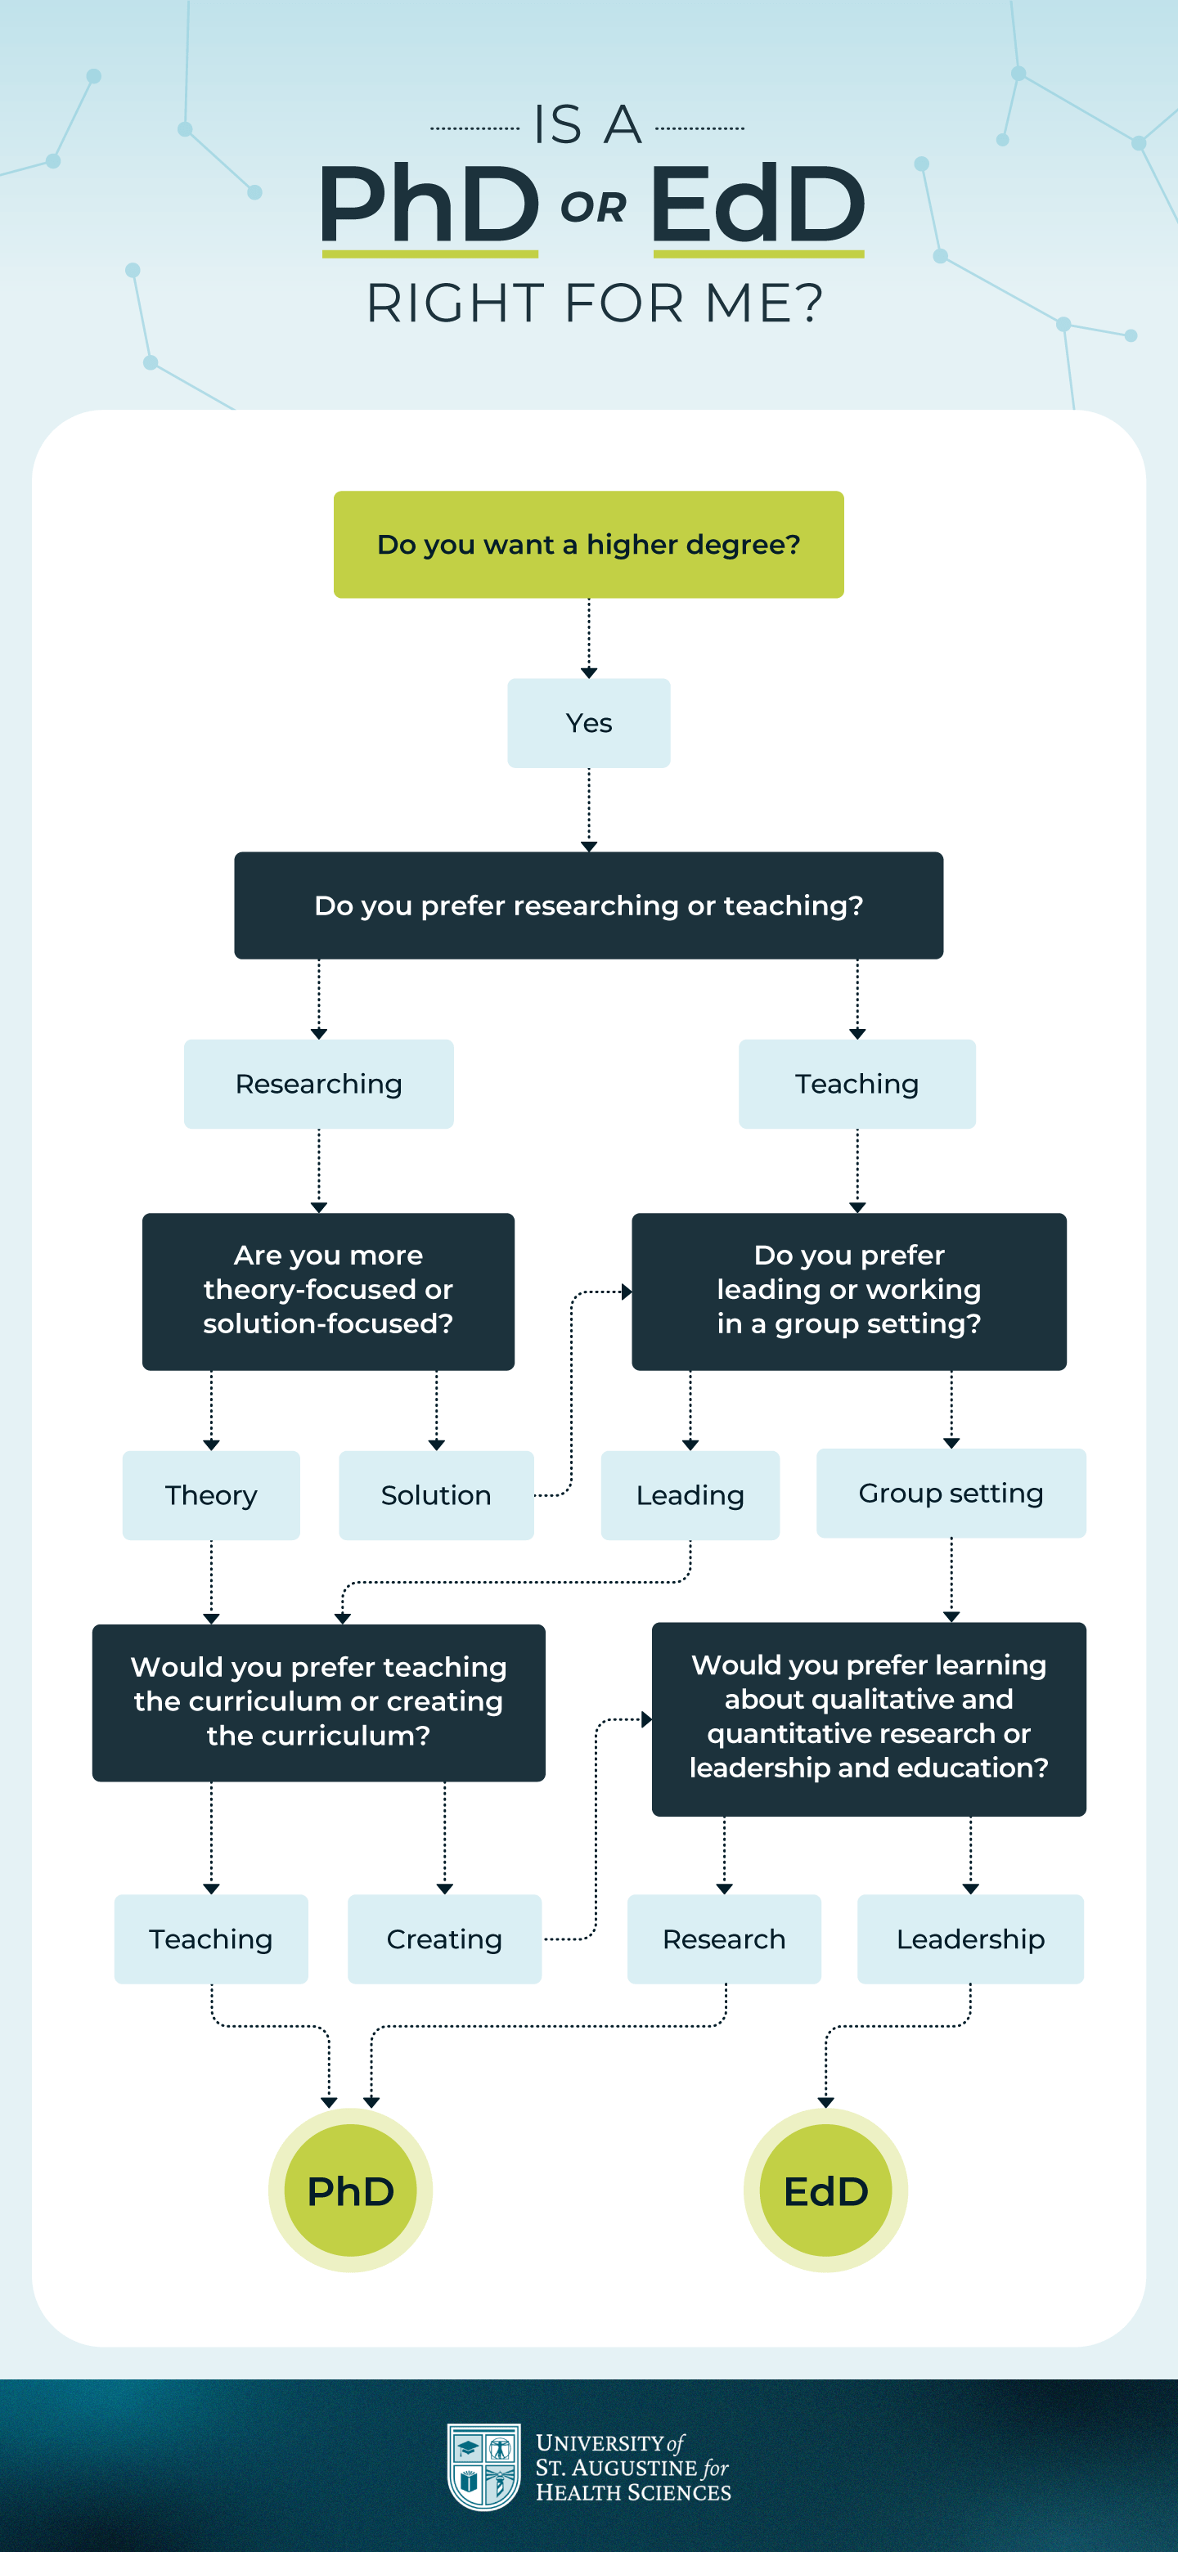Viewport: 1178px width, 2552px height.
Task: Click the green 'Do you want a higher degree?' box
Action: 588,544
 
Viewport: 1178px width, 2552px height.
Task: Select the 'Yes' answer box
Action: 588,722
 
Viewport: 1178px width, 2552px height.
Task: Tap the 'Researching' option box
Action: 318,1083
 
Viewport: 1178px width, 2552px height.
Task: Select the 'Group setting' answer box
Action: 950,1492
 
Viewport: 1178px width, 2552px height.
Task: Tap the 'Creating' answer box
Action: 444,1938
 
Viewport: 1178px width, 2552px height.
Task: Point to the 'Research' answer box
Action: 723,1938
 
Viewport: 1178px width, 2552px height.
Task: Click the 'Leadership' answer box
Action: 970,1938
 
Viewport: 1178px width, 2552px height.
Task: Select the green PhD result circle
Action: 350,2190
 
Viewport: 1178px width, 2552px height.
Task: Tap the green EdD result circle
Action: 825,2190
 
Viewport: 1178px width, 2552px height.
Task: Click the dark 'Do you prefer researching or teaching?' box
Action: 588,905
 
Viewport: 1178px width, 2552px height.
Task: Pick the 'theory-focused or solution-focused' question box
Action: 328,1290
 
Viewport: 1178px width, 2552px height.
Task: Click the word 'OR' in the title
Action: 593,208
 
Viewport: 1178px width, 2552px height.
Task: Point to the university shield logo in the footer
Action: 483,2467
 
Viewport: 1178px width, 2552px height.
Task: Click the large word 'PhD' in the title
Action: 429,204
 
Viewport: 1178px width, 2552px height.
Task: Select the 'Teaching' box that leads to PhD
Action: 211,1938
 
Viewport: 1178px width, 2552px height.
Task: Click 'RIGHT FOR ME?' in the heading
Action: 595,303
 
